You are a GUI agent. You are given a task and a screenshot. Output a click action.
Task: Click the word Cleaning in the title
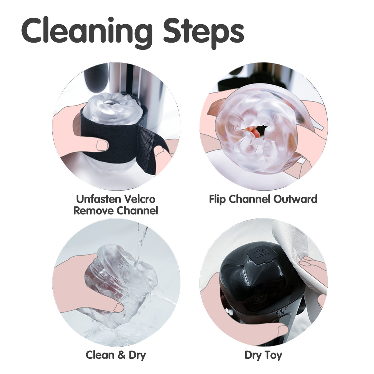tap(87, 32)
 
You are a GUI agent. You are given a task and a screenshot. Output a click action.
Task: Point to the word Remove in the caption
tap(94, 211)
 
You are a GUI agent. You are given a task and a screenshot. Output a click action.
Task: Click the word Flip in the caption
tap(217, 199)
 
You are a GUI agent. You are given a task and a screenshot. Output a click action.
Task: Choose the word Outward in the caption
tap(295, 199)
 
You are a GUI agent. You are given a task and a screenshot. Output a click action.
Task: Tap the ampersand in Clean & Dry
tap(122, 355)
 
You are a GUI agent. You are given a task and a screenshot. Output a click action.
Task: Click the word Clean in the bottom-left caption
tap(100, 355)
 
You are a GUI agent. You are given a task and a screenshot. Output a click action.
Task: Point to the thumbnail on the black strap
tap(102, 145)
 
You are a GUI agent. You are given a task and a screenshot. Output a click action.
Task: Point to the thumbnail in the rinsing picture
tap(118, 308)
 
